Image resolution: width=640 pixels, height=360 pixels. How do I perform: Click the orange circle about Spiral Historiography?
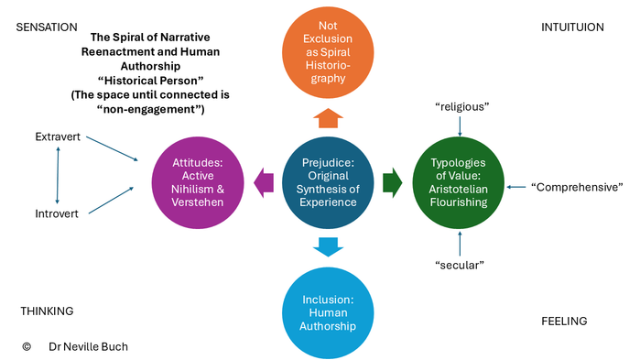[x=328, y=52]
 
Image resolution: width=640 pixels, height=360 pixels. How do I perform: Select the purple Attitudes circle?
[x=198, y=182]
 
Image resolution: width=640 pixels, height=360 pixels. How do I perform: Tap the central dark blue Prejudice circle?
[x=328, y=182]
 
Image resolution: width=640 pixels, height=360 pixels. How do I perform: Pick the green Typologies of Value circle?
[x=459, y=182]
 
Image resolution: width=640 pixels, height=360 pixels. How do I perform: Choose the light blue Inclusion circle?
[x=328, y=313]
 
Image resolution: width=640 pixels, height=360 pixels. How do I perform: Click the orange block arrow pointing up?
[x=328, y=118]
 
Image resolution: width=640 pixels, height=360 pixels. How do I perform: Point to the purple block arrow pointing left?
[x=264, y=183]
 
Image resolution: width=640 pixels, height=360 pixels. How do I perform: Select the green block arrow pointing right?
[x=393, y=183]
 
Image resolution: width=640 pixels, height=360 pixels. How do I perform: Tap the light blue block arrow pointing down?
[x=328, y=247]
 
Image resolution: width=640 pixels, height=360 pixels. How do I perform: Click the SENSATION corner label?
[x=47, y=27]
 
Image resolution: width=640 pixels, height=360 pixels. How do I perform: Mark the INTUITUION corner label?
[x=572, y=27]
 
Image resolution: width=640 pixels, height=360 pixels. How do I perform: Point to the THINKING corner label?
[x=47, y=311]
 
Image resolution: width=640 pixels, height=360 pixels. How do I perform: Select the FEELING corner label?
[x=564, y=322]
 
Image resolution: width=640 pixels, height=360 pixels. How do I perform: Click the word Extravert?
[x=58, y=136]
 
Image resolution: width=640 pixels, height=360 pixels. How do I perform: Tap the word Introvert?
[x=57, y=213]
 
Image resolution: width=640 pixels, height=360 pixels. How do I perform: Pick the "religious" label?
[x=462, y=106]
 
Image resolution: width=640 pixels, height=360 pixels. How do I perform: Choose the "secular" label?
[x=460, y=265]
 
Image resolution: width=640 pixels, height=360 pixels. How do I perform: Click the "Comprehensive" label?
[x=577, y=187]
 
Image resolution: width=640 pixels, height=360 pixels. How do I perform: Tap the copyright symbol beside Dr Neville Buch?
[x=27, y=346]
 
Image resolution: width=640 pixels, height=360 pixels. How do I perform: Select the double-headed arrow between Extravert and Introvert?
[x=58, y=175]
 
